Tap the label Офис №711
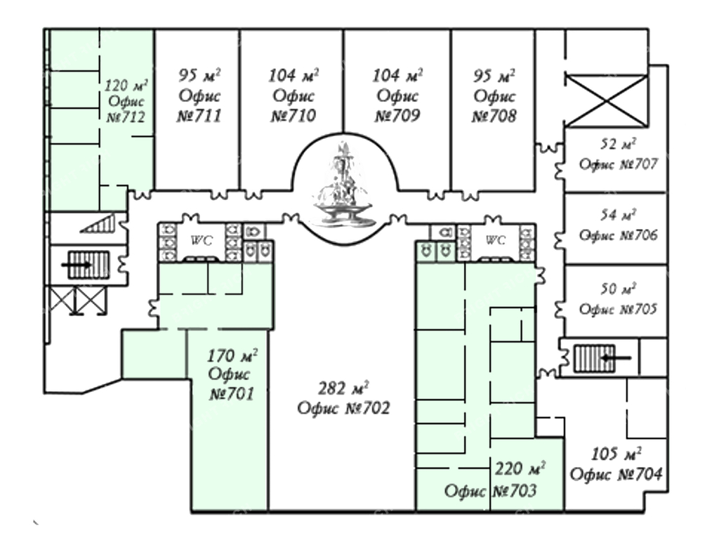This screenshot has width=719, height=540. click(x=199, y=106)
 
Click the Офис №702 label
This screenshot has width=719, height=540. click(x=343, y=407)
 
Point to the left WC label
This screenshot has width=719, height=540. click(x=202, y=240)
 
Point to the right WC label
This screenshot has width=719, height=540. click(x=495, y=240)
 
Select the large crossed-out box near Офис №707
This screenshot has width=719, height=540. click(x=606, y=100)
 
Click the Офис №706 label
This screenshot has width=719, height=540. click(x=618, y=235)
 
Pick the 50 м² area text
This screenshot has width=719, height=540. click(x=618, y=289)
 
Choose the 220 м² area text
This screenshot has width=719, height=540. click(x=520, y=468)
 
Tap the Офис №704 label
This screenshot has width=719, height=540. click(x=616, y=474)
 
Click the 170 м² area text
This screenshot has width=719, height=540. click(x=232, y=355)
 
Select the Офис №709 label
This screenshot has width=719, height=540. click(x=397, y=106)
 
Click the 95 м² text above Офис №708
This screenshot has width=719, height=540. click(x=494, y=75)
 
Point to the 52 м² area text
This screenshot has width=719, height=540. click(x=618, y=145)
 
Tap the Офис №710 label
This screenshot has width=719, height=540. click(x=293, y=106)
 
